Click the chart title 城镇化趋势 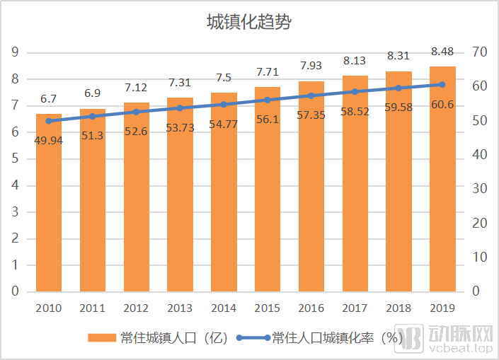[249, 22]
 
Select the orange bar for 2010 [49, 205]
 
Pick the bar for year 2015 [268, 191]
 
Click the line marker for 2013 [180, 108]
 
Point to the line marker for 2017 [355, 91]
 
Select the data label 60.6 [442, 105]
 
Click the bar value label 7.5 [224, 78]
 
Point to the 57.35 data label [311, 115]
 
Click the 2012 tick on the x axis [137, 308]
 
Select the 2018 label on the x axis [398, 308]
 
